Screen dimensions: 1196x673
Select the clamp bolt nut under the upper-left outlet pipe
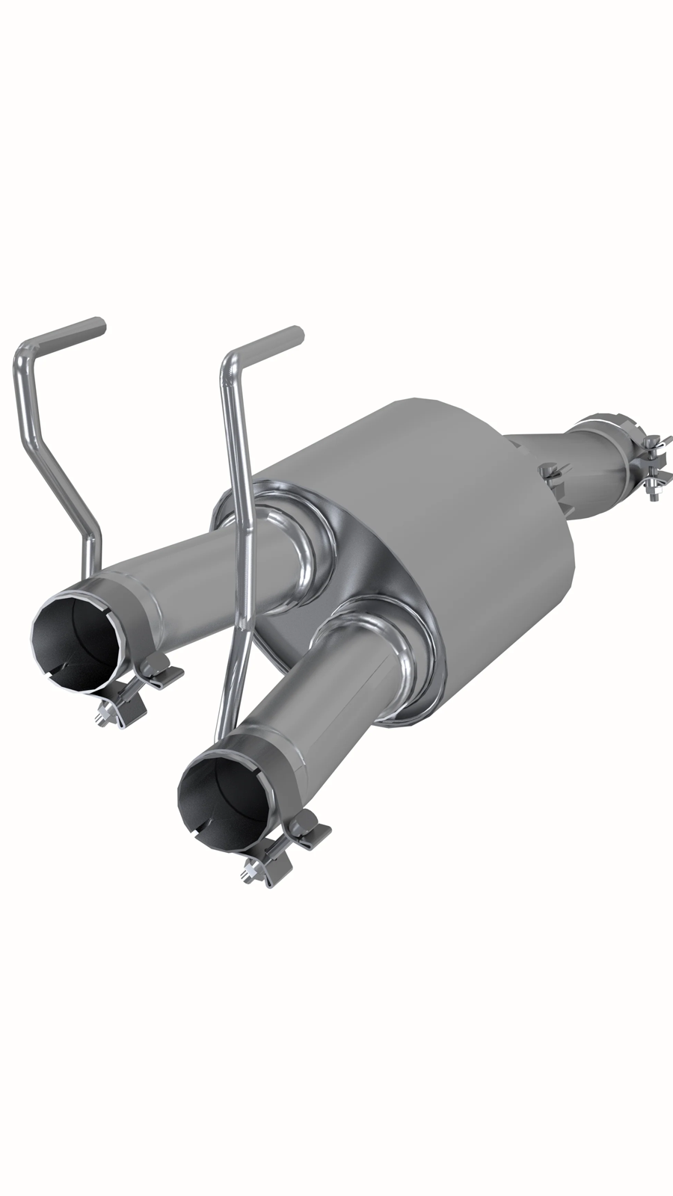[x=105, y=718]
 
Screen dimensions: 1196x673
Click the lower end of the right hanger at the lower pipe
[x=221, y=733]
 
